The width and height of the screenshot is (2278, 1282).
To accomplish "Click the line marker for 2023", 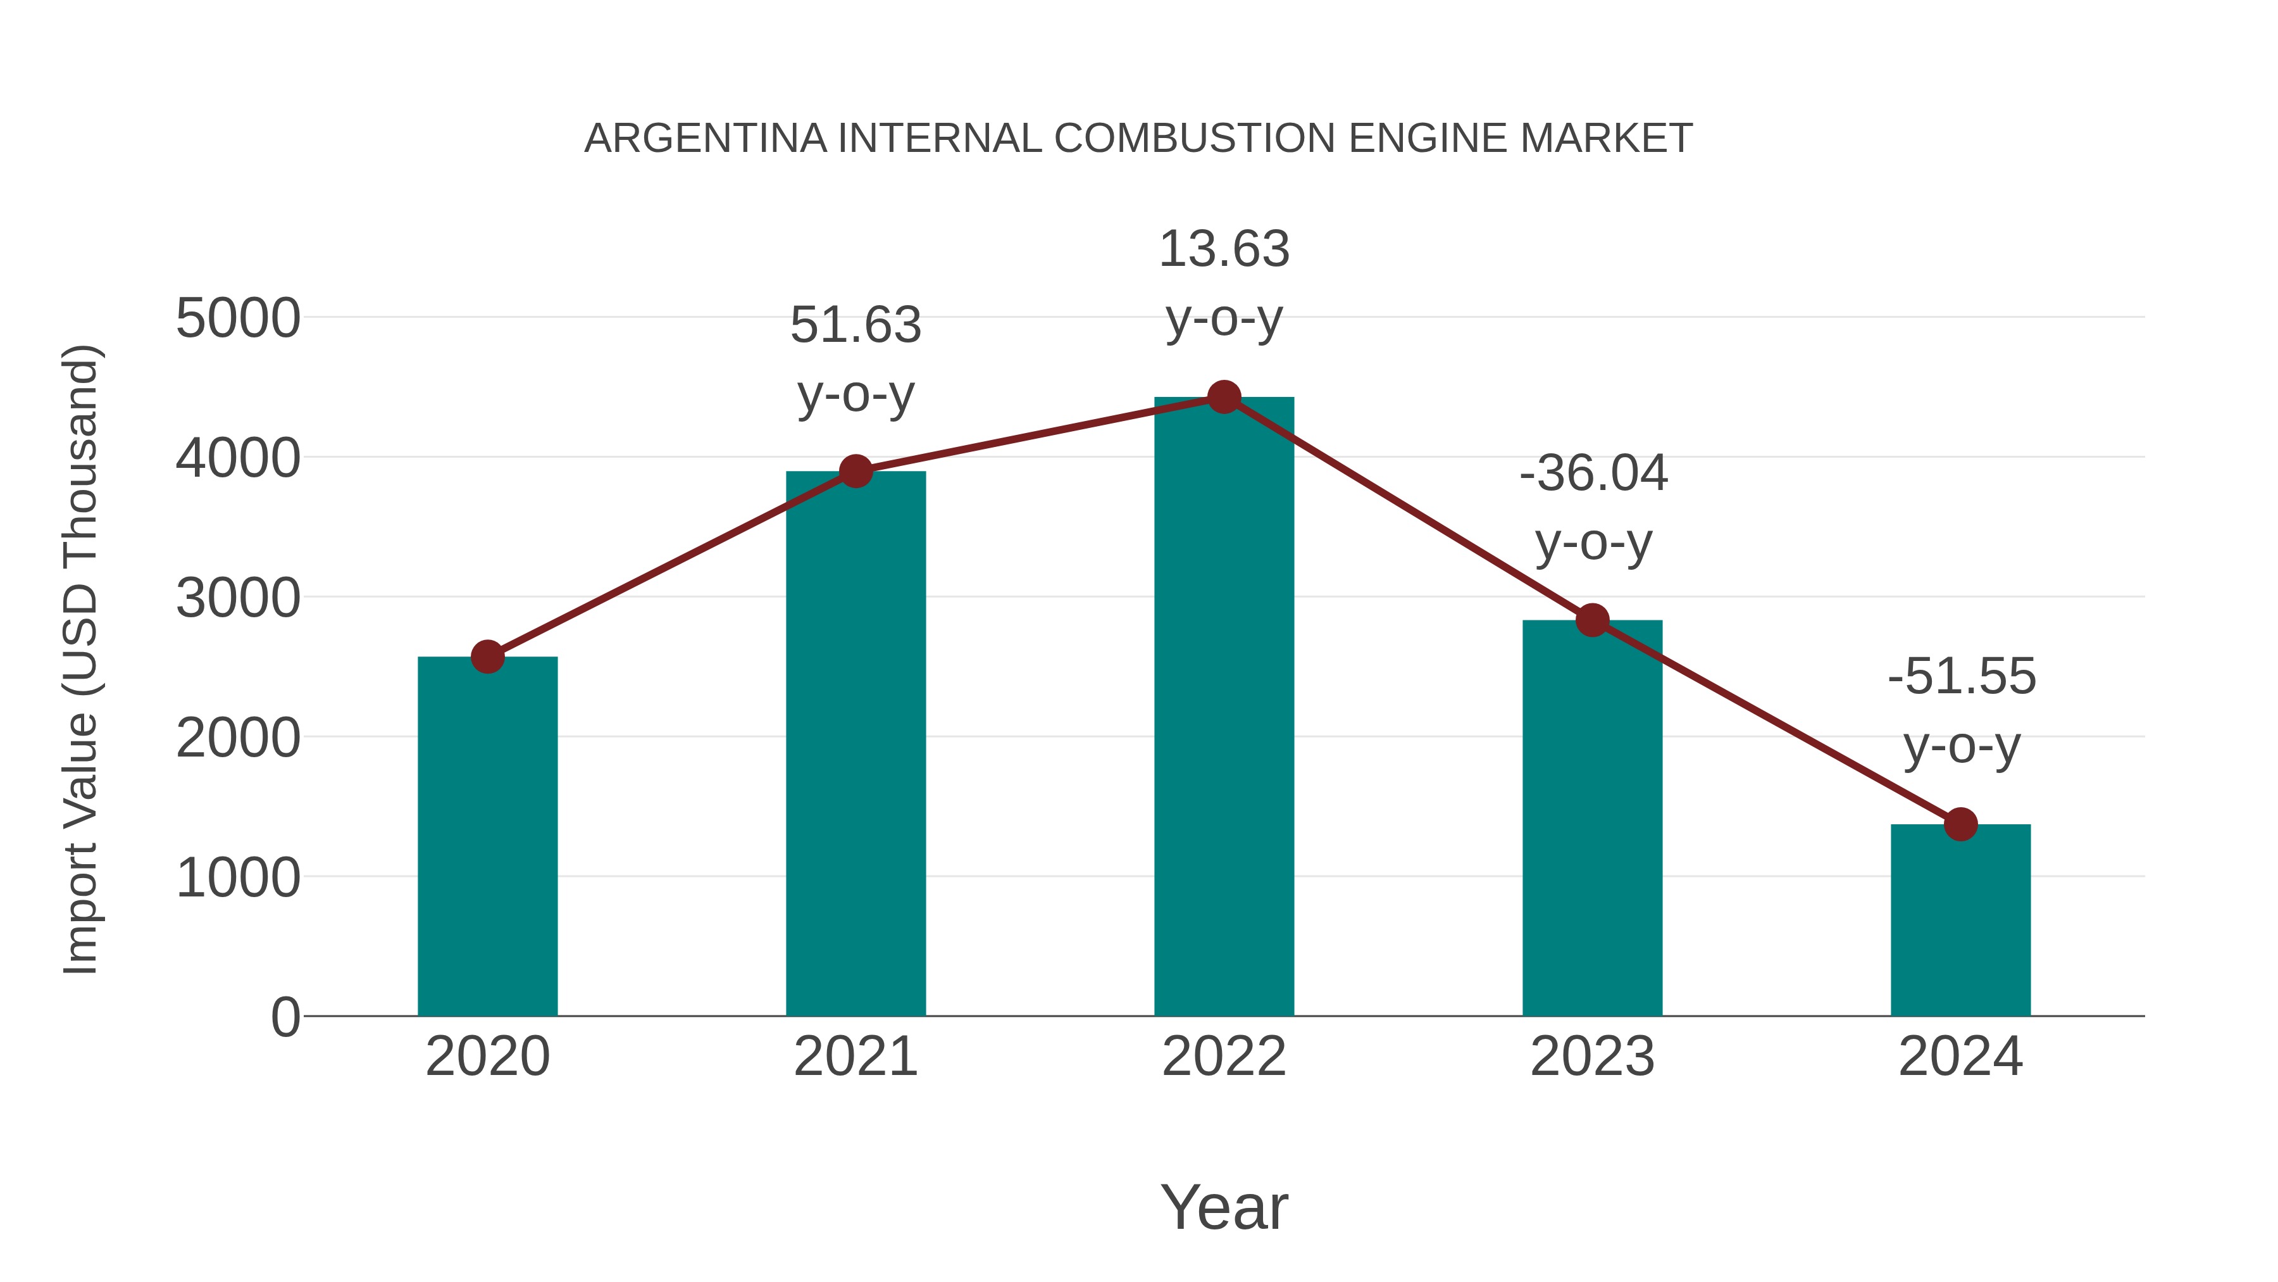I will coord(1593,620).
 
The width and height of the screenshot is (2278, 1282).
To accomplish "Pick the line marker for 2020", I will coord(487,657).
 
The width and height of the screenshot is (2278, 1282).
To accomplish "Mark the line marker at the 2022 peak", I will coord(1224,397).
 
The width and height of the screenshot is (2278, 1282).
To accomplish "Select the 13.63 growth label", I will coord(1224,249).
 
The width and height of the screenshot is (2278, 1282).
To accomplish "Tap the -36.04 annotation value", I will coord(1593,474).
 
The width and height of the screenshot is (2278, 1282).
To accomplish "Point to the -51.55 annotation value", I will coord(1962,677).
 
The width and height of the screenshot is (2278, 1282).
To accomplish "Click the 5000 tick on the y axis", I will coord(238,318).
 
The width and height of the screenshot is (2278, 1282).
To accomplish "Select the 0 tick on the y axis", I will coord(285,1017).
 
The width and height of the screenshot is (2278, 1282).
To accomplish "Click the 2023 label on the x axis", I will coord(1593,1057).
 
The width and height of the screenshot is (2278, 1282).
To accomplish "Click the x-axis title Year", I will coord(1224,1207).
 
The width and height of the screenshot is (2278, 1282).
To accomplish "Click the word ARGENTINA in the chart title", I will coord(706,139).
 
